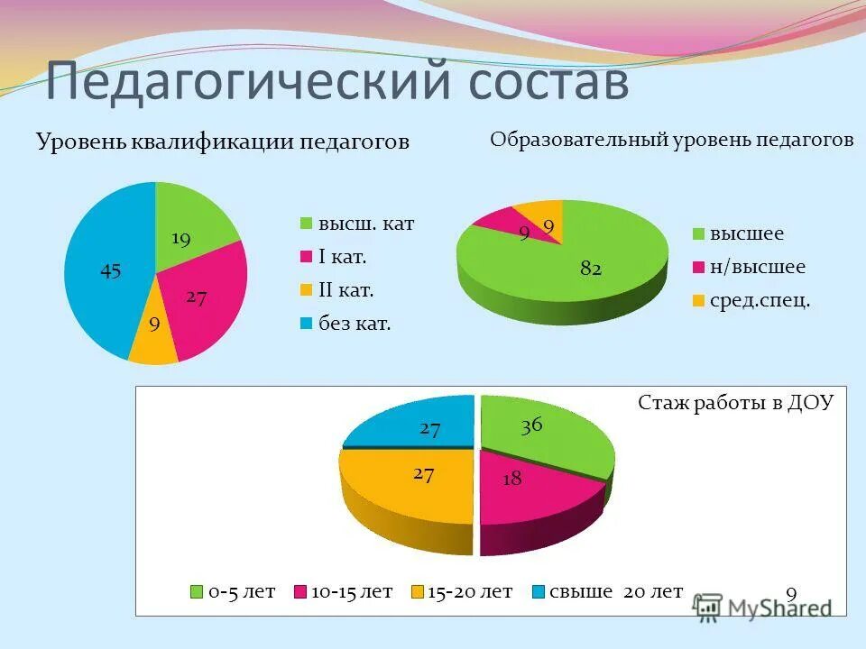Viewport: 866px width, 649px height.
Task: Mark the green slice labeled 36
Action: (541, 437)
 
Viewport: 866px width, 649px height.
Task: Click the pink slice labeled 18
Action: (523, 487)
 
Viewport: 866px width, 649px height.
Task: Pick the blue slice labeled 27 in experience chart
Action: (419, 424)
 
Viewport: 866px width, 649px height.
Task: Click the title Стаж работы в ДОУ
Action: (735, 403)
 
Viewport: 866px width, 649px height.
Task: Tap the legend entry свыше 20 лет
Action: (617, 592)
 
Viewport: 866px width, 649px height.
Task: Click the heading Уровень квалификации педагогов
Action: (222, 142)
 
